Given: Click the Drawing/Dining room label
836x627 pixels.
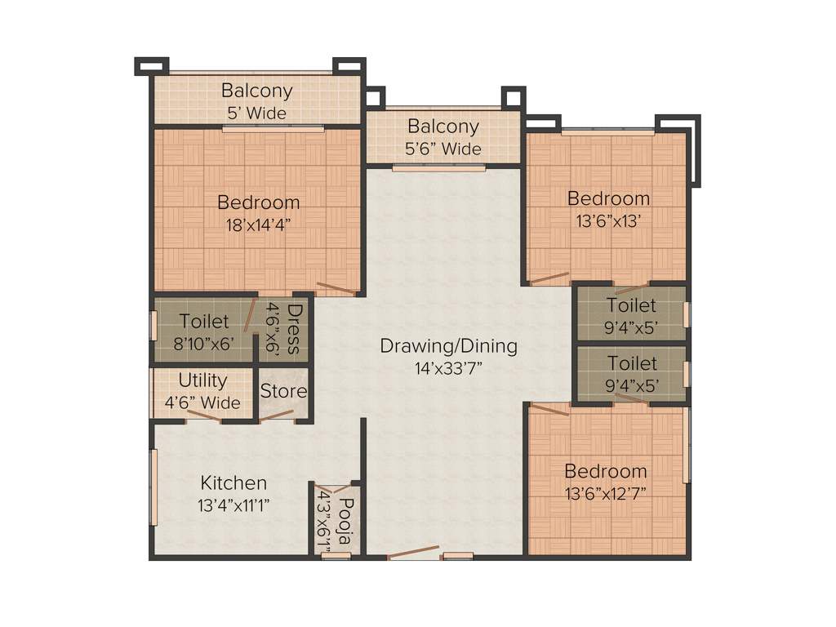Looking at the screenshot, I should pyautogui.click(x=448, y=345).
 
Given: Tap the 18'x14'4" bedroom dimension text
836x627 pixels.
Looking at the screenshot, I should pyautogui.click(x=258, y=225).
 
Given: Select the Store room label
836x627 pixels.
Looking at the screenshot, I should pyautogui.click(x=283, y=391).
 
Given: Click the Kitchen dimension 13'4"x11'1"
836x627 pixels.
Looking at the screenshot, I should pyautogui.click(x=233, y=505).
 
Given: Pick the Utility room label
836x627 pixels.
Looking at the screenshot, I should pyautogui.click(x=202, y=380).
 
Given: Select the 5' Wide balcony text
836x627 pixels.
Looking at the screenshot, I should pyautogui.click(x=257, y=113).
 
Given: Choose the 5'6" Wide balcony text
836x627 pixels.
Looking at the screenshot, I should pyautogui.click(x=443, y=149).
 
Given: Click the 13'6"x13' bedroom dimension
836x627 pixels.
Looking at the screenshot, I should pyautogui.click(x=608, y=220).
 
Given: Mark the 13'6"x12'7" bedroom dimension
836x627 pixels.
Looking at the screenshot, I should pyautogui.click(x=606, y=494).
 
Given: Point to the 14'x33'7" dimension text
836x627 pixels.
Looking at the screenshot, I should pyautogui.click(x=448, y=368).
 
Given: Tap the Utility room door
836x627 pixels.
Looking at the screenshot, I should pyautogui.click(x=203, y=416).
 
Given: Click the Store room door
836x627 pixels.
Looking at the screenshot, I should pyautogui.click(x=278, y=416).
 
